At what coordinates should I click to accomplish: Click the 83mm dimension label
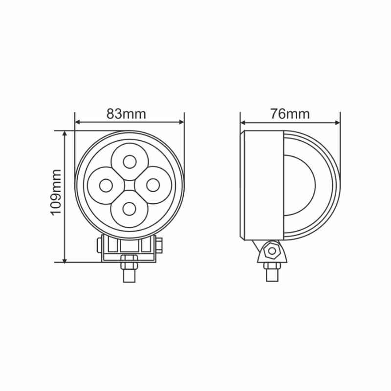tap(126, 114)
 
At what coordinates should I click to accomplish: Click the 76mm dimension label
tap(290, 114)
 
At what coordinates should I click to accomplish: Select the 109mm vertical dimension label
tap(56, 192)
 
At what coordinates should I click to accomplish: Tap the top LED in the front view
tap(130, 162)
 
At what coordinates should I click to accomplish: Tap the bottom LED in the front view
tap(130, 209)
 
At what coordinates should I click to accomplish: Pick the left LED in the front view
tap(106, 185)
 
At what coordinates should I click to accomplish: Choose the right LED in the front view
tap(153, 185)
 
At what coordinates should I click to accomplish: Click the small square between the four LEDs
tap(130, 185)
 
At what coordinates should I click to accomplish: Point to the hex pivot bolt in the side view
tap(272, 251)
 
